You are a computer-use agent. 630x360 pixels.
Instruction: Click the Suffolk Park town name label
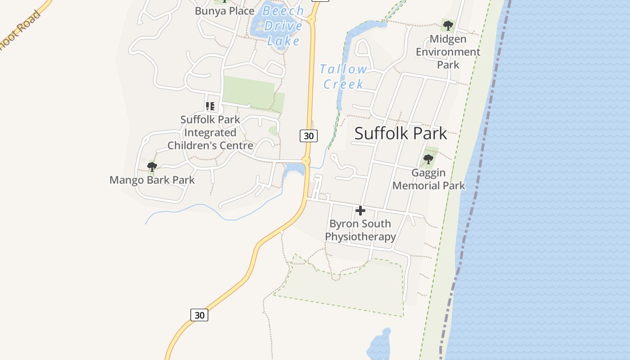point(400,133)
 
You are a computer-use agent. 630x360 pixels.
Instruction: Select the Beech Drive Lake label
point(283,26)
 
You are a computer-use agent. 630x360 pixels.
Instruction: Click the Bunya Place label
point(225,11)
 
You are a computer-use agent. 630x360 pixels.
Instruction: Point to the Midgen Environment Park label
point(448,52)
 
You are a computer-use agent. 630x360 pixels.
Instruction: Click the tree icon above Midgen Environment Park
point(447,26)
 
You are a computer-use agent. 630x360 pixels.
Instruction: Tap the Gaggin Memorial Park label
point(428,179)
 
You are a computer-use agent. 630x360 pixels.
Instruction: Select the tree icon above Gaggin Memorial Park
point(428,159)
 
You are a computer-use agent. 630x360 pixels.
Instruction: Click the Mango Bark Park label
point(152,180)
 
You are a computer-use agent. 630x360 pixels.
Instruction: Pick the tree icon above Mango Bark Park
point(152,167)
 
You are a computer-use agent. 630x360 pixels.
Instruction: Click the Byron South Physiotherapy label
point(360,230)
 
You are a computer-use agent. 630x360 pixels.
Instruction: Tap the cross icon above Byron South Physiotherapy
point(360,210)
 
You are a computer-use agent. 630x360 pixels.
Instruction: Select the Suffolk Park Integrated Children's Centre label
point(210,133)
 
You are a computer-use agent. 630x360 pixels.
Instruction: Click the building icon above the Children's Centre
point(210,106)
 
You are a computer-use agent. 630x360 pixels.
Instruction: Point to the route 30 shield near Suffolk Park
point(309,135)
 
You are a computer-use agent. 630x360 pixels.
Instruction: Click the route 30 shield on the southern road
point(199,315)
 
